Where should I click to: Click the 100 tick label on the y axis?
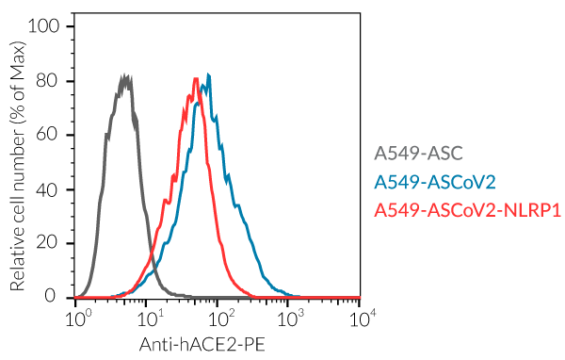point(47,26)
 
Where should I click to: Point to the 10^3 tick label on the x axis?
point(290,318)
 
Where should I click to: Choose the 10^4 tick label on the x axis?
point(362,318)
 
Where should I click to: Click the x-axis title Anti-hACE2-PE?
point(202,345)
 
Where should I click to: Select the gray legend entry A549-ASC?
point(419,154)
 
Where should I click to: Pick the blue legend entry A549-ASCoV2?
point(434,181)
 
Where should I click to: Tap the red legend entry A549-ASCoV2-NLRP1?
point(467,209)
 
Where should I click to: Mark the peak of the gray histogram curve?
point(124,75)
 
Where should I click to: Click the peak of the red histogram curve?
point(195,78)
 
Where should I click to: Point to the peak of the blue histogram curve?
point(208,75)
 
